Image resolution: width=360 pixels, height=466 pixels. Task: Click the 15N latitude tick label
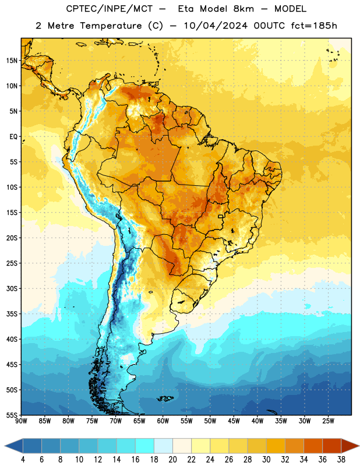coord(12,61)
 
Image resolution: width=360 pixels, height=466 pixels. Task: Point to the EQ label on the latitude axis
coord(13,137)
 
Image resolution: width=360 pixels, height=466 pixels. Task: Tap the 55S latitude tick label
coord(12,415)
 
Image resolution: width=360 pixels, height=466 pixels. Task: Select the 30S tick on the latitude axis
coord(12,288)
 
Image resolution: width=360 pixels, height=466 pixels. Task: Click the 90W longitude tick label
coord(22,421)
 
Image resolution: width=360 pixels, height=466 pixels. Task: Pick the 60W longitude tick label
coord(163,421)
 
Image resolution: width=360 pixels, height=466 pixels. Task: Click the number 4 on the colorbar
coord(23,460)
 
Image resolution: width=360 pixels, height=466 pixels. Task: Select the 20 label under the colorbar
coord(172,460)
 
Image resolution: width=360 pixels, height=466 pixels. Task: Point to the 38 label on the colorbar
coord(341,460)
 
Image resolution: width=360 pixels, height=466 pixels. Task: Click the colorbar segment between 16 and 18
coord(144,446)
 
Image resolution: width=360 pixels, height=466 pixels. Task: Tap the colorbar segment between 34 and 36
coord(313,446)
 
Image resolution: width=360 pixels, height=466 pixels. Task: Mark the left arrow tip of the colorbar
coord(5,446)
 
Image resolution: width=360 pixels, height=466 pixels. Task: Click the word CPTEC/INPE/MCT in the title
coord(110,9)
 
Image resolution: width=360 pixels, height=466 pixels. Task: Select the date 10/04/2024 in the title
coord(216,26)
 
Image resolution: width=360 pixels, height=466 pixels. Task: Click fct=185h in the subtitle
coord(314,26)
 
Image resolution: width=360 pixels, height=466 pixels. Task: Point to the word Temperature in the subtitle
coord(111,26)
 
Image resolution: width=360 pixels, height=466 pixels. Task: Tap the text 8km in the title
coord(243,9)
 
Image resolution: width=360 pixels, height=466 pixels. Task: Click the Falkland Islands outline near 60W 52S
coord(165,398)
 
